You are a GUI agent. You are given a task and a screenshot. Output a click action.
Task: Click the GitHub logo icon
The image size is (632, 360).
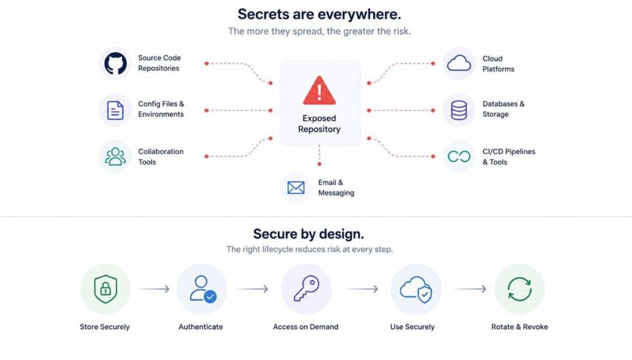point(115,63)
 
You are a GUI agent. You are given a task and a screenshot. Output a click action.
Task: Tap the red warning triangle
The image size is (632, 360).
point(319,90)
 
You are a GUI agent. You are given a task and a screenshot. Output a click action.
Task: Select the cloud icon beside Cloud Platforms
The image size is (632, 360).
point(459,63)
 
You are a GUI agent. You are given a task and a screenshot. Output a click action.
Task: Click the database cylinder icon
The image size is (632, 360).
point(459,110)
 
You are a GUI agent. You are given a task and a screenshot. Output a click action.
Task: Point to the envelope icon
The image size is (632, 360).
point(296,188)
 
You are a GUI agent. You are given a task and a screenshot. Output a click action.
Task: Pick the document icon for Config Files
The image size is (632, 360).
point(115,110)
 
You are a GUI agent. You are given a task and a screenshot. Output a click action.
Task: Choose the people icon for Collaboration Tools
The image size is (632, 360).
point(115,156)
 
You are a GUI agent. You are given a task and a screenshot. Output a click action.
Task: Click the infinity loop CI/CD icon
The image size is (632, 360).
point(459,156)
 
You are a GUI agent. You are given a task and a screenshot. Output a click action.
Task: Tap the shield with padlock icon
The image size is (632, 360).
point(106,288)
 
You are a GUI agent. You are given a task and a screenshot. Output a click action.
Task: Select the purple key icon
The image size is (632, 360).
point(306,288)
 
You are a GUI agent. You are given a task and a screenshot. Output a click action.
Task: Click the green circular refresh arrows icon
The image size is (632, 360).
point(520,288)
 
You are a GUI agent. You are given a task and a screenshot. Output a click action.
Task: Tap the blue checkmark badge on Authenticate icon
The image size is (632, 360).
point(210,297)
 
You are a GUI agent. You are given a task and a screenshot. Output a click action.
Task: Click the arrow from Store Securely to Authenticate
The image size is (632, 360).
point(154,288)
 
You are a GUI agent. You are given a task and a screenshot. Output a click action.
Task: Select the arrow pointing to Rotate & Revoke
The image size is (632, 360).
point(470,288)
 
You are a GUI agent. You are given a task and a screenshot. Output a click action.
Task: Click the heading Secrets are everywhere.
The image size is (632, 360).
point(319,14)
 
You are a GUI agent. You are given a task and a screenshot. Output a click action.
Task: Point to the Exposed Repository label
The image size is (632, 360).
point(319,123)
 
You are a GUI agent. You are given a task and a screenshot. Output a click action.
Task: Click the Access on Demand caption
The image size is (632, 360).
point(306,327)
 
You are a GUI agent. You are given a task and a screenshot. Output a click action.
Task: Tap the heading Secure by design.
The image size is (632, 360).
point(309,234)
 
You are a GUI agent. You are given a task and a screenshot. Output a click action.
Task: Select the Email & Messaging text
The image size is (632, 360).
point(336,188)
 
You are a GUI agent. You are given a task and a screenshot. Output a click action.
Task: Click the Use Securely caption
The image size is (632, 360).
point(412,327)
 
